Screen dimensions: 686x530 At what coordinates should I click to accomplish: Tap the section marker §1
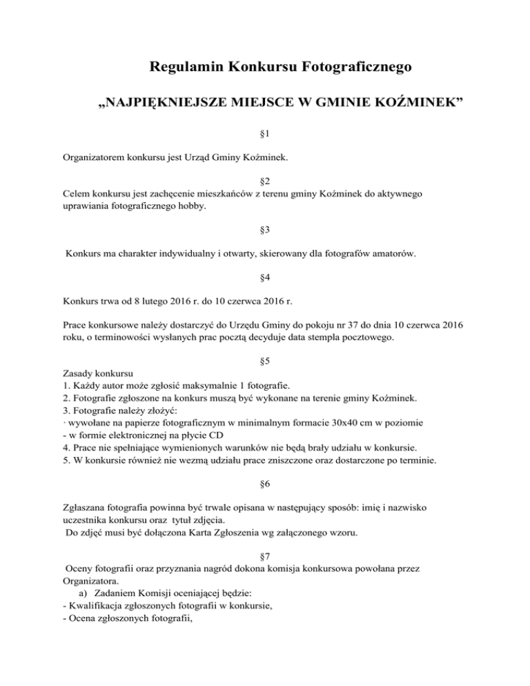(x=265, y=129)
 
